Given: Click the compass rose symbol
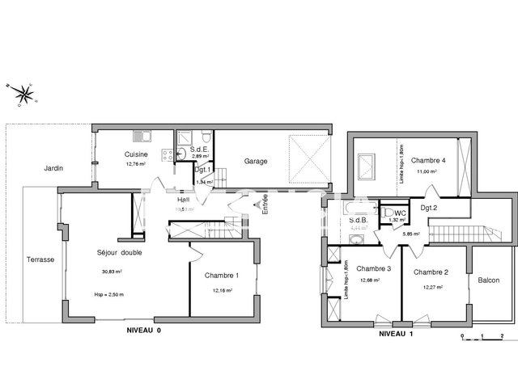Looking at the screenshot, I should (23, 92).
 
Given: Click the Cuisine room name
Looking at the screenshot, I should (136, 154).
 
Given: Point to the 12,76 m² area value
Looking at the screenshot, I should (136, 164).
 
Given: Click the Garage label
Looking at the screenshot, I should (256, 161).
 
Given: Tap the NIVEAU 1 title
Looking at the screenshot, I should (396, 332).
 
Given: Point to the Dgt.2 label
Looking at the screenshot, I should (429, 208).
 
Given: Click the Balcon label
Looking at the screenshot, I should (488, 280).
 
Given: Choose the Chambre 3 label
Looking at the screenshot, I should (374, 269).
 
